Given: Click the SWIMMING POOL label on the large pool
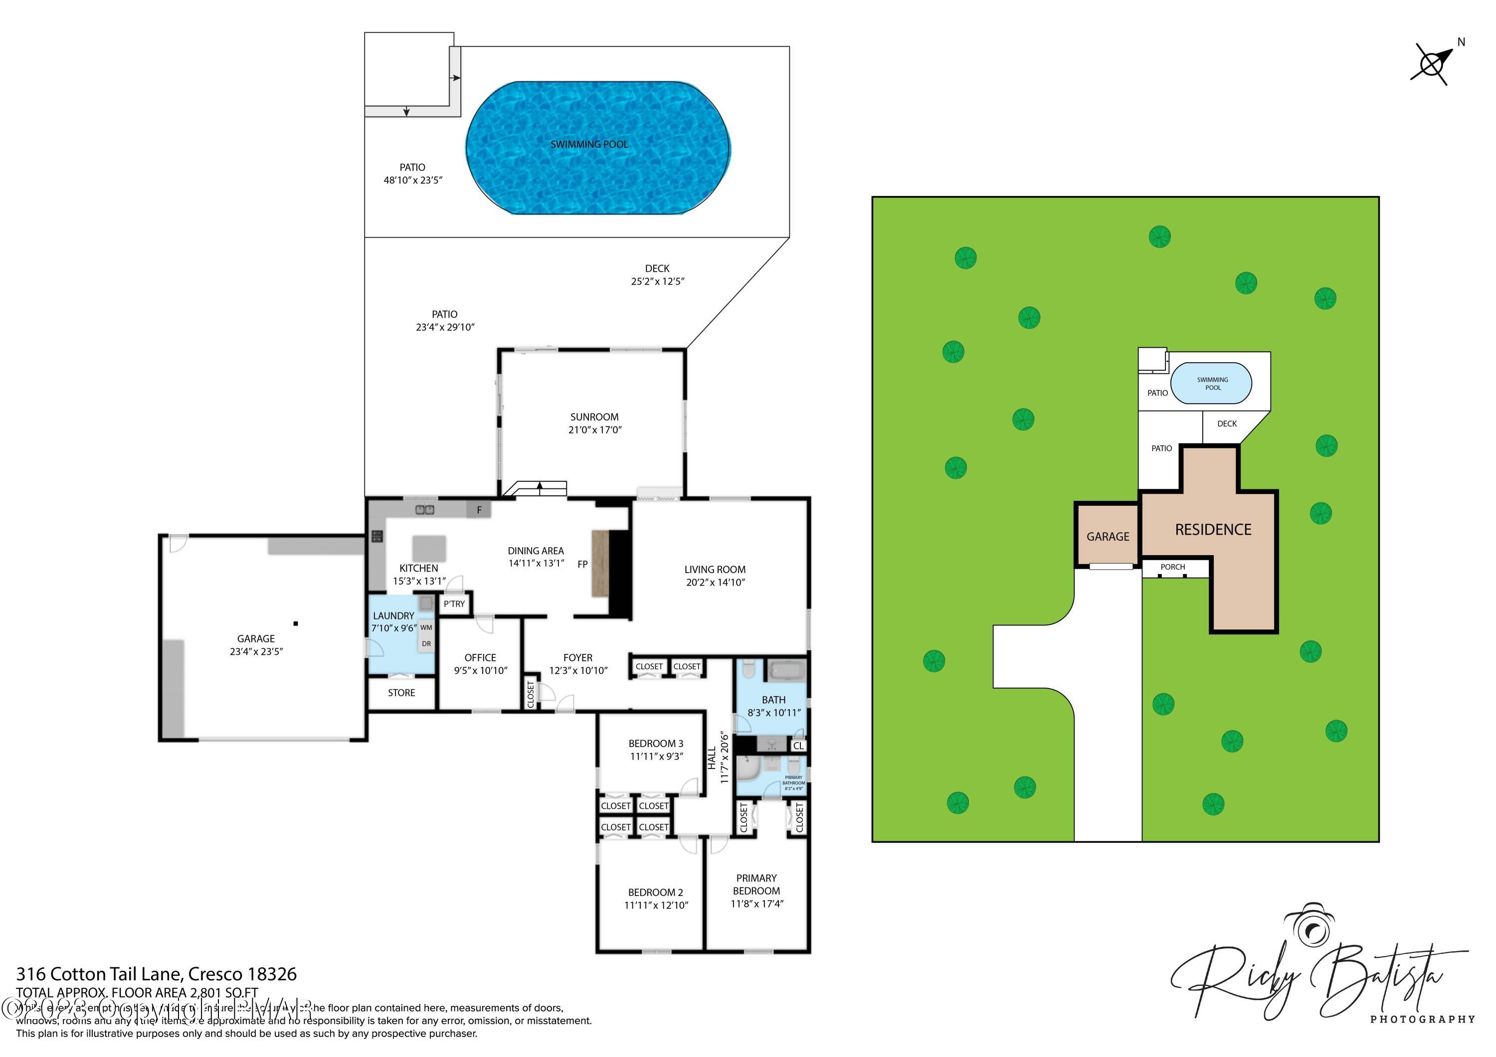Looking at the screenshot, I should [589, 144].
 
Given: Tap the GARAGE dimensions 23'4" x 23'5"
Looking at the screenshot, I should [256, 651].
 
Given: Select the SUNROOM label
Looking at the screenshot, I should [594, 417].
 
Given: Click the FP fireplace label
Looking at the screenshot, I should [582, 564].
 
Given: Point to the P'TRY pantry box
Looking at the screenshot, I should [454, 604].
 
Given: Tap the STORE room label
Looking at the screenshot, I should [401, 692].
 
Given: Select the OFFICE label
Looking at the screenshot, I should [480, 658].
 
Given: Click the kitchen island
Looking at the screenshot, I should [429, 548].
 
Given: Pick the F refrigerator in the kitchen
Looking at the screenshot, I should [479, 510].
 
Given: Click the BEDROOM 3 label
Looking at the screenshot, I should [655, 743].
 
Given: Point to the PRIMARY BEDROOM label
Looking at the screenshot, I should [756, 885].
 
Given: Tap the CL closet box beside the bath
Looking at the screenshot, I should [798, 746].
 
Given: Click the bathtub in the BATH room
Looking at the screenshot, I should [786, 670].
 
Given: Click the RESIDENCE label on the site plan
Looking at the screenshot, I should [1213, 529].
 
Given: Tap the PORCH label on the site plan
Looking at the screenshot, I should [1172, 567].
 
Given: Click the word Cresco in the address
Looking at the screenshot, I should [214, 974].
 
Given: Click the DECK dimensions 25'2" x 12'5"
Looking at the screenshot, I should [657, 282].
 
